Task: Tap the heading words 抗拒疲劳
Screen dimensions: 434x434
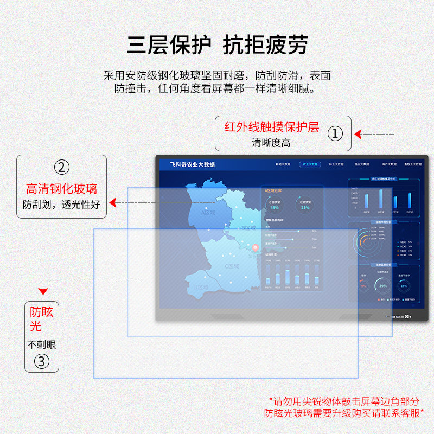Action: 265,44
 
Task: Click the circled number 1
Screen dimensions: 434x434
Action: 336,133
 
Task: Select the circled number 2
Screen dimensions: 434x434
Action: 61,167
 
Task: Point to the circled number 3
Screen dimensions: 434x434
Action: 42,361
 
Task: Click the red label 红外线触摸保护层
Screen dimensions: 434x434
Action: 272,127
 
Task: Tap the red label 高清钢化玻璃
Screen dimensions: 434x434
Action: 61,189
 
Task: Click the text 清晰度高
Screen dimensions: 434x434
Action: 271,143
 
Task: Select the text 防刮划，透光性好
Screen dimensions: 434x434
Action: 61,205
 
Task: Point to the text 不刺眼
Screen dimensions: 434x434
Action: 42,344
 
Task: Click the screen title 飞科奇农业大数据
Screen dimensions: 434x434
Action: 192,164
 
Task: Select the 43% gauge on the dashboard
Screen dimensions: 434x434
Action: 275,205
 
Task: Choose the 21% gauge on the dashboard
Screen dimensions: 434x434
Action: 305,205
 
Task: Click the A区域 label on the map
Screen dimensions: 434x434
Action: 208,213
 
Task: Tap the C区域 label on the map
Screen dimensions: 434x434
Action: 232,266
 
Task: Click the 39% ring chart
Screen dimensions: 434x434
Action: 383,285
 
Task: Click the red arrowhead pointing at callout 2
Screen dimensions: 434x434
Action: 112,203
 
